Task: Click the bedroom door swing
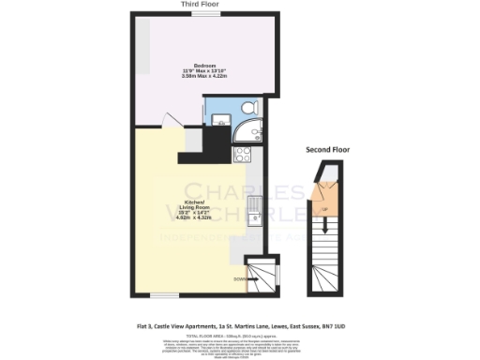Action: pos(166,121)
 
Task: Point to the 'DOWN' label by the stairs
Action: pos(239,277)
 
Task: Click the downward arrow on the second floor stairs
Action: pos(323,226)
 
